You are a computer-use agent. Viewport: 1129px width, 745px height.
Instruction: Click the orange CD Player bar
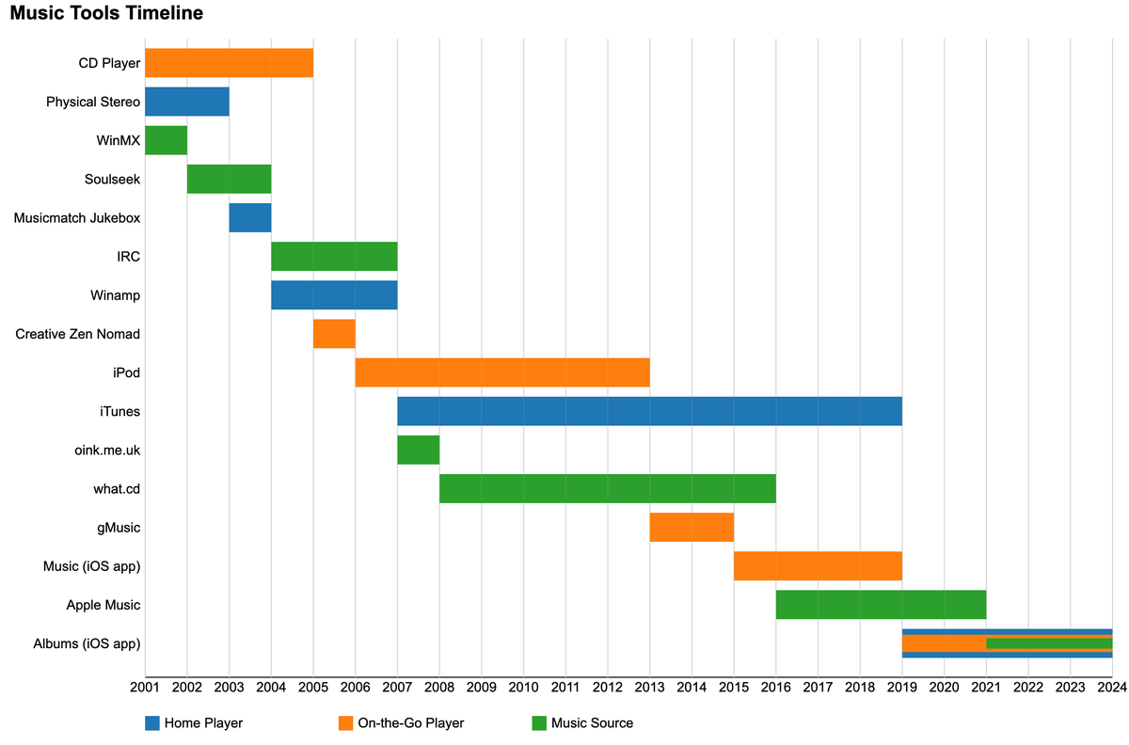(x=229, y=63)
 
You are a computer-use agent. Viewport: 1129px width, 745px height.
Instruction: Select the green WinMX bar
(x=166, y=140)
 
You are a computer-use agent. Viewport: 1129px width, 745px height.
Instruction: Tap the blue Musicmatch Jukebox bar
(x=250, y=217)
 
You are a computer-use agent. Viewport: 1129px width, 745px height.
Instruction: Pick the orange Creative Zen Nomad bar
(x=334, y=334)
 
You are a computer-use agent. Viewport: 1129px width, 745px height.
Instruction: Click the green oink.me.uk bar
(x=418, y=450)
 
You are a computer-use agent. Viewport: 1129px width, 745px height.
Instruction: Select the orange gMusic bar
(x=692, y=528)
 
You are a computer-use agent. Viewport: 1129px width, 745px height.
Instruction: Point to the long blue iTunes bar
(x=649, y=411)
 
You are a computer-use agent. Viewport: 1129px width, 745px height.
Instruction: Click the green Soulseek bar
(x=229, y=179)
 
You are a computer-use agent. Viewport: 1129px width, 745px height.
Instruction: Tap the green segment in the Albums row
(x=1049, y=643)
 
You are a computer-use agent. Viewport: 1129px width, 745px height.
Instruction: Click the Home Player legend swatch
(x=152, y=723)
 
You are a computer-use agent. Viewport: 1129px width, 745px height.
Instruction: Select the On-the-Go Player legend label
(x=410, y=723)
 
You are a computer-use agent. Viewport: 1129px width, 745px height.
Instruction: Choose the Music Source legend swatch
(x=539, y=723)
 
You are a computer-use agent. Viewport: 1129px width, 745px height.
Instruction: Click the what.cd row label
(x=117, y=489)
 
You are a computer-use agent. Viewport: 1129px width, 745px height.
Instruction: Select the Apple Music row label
(x=103, y=605)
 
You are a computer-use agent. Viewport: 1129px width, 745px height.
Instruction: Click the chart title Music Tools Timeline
(x=106, y=14)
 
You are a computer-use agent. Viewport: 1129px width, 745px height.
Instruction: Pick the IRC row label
(x=128, y=256)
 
